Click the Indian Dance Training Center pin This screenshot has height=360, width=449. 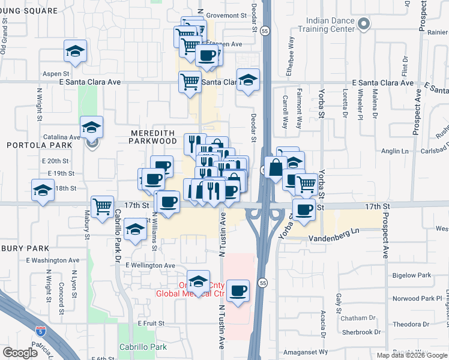(x=363, y=25)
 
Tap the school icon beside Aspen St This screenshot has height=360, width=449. (x=76, y=51)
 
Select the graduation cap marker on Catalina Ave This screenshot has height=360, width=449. (x=91, y=127)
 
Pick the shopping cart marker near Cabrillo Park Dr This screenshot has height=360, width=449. (x=103, y=207)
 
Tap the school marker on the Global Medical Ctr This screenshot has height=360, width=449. (x=198, y=281)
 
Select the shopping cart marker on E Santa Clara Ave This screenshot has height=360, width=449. (x=190, y=81)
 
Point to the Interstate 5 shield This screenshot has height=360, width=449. (x=40, y=330)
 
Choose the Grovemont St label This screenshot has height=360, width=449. (x=227, y=16)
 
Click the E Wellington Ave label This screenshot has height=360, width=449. (x=150, y=265)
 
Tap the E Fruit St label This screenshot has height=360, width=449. (x=151, y=323)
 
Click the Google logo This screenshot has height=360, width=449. (x=20, y=353)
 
